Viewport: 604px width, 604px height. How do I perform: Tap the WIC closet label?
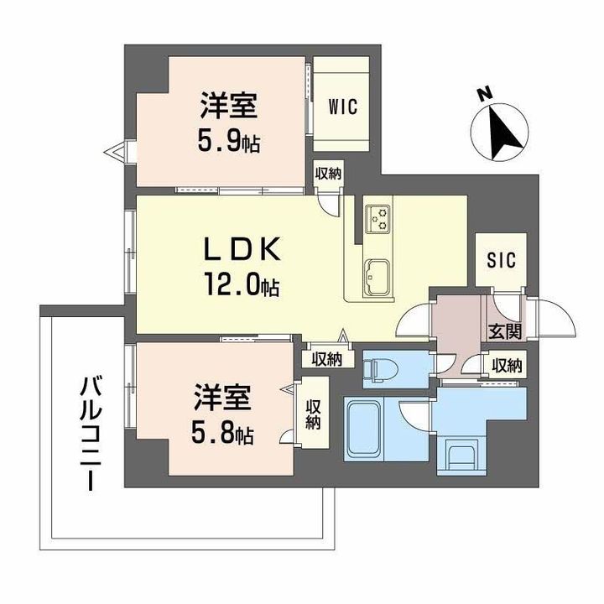342,107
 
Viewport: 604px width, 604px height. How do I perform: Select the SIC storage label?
501,259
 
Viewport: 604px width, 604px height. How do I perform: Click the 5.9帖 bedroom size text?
227,143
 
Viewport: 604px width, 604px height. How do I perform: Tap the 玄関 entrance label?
503,331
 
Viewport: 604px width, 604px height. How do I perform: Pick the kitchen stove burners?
378,218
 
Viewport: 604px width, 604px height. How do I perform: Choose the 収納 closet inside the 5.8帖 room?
313,414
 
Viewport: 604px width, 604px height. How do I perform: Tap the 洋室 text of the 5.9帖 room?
227,107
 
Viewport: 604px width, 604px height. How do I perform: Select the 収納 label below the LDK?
326,359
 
